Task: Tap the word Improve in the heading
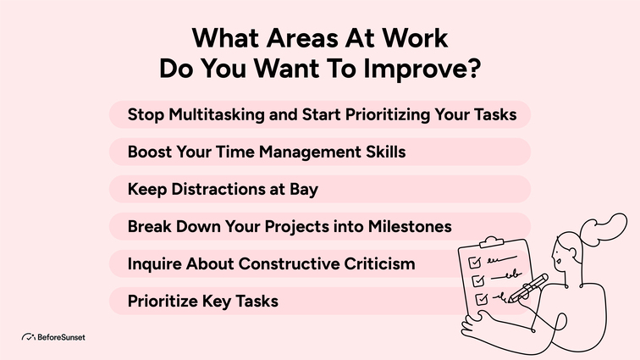tap(423, 69)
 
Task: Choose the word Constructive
tap(292, 263)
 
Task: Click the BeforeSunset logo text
tap(61, 337)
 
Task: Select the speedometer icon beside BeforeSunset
tap(28, 337)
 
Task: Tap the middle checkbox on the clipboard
tap(477, 279)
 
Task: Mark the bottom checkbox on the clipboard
tap(480, 298)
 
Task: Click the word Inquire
tap(156, 263)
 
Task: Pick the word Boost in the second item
tap(150, 152)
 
